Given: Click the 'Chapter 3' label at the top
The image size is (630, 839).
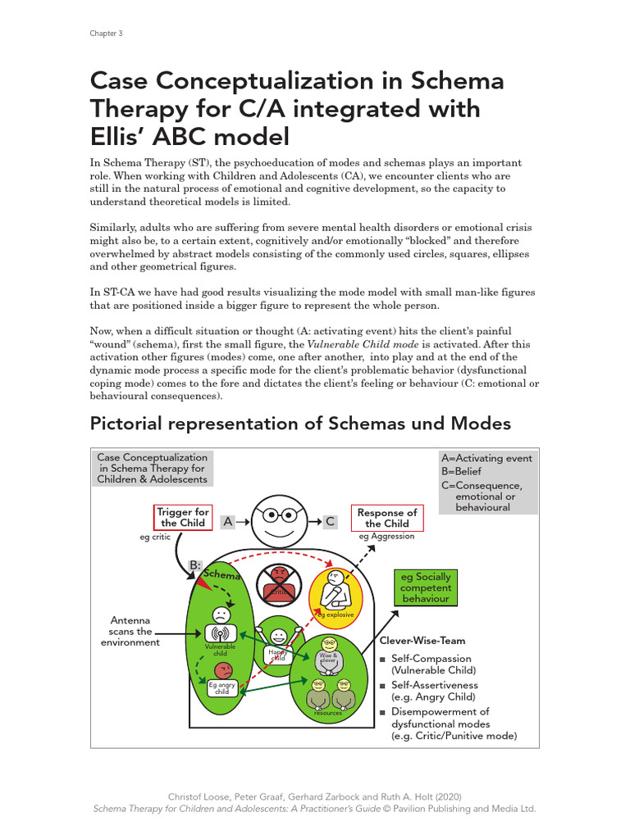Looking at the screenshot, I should pos(106,34).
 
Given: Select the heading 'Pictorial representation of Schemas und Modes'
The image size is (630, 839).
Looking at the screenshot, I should pos(300,424).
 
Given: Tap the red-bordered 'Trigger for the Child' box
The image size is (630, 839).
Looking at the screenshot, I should pos(183,518).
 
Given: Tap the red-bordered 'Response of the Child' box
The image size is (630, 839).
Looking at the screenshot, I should pos(386,518).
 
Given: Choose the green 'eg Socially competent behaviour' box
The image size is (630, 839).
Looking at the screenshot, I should pos(425,587).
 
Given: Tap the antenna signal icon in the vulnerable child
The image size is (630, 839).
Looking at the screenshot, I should pos(220,633).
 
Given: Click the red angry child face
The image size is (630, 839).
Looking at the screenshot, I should pos(220,672).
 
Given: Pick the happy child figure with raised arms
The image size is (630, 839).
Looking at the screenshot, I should pos(280,639).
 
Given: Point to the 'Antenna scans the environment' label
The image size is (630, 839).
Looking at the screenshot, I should pos(131,632).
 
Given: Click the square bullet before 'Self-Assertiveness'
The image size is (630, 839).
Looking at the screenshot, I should pos(382,686).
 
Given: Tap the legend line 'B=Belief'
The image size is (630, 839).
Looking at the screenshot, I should pos(462,472).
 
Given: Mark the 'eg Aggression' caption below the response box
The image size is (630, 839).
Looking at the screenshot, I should pos(386,537).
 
